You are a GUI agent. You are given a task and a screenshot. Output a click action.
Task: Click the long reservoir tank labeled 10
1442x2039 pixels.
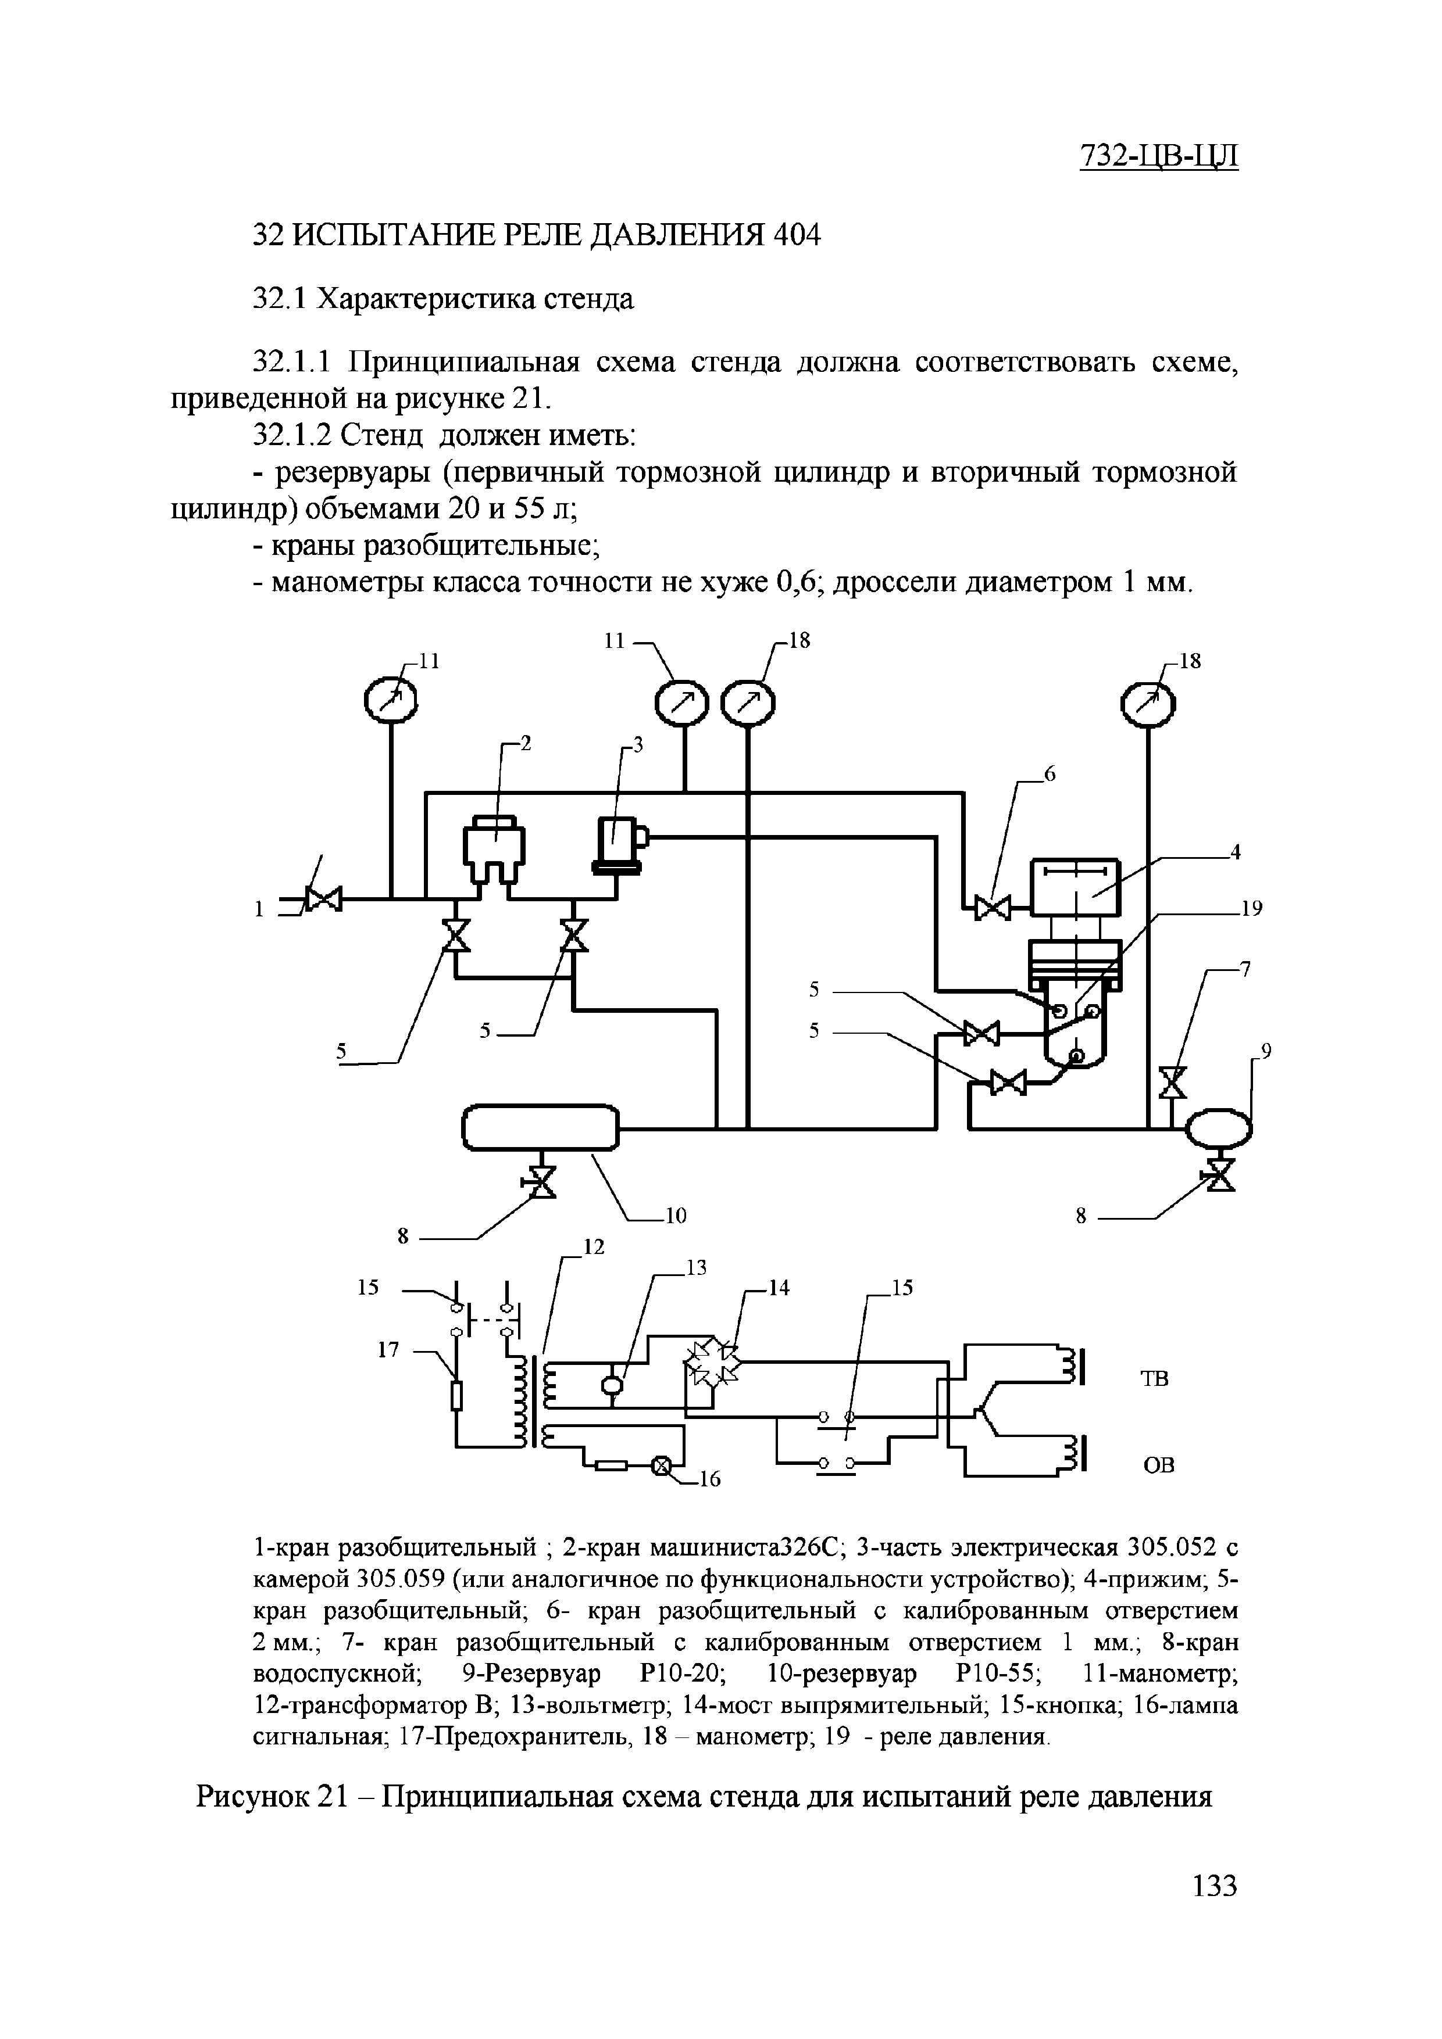(x=540, y=1128)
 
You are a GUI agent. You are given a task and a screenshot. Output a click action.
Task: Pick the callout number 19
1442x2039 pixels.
(x=1251, y=908)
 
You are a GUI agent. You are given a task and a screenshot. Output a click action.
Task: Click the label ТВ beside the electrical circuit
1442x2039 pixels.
(x=1154, y=1378)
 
